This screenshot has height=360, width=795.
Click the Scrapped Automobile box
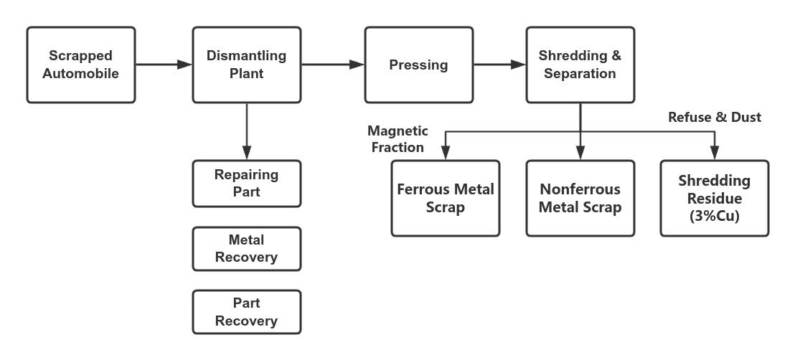pos(80,65)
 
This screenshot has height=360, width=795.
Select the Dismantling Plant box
pos(246,65)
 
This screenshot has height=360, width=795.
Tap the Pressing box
pos(418,65)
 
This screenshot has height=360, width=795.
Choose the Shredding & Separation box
pos(580,65)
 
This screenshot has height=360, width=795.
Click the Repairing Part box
pos(246,184)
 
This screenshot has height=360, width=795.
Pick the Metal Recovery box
pos(246,248)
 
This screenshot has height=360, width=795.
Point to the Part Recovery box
pos(246,312)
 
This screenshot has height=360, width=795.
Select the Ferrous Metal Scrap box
pos(446,198)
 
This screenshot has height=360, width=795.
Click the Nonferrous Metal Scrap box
pos(580,198)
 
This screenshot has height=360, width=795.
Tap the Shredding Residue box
pos(714,198)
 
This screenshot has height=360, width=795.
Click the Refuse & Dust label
pos(714,117)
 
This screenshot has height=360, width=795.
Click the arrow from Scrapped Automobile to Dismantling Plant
pos(164,65)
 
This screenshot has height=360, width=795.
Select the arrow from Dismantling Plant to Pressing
pos(332,65)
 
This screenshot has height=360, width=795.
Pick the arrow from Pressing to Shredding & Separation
pos(499,65)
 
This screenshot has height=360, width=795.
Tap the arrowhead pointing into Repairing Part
pos(246,153)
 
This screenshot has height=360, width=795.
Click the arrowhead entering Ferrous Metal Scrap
pos(446,153)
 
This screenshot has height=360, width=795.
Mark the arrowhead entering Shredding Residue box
pos(714,153)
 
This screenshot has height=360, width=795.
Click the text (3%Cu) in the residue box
pos(714,214)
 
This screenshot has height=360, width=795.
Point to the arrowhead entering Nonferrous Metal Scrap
pos(580,153)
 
